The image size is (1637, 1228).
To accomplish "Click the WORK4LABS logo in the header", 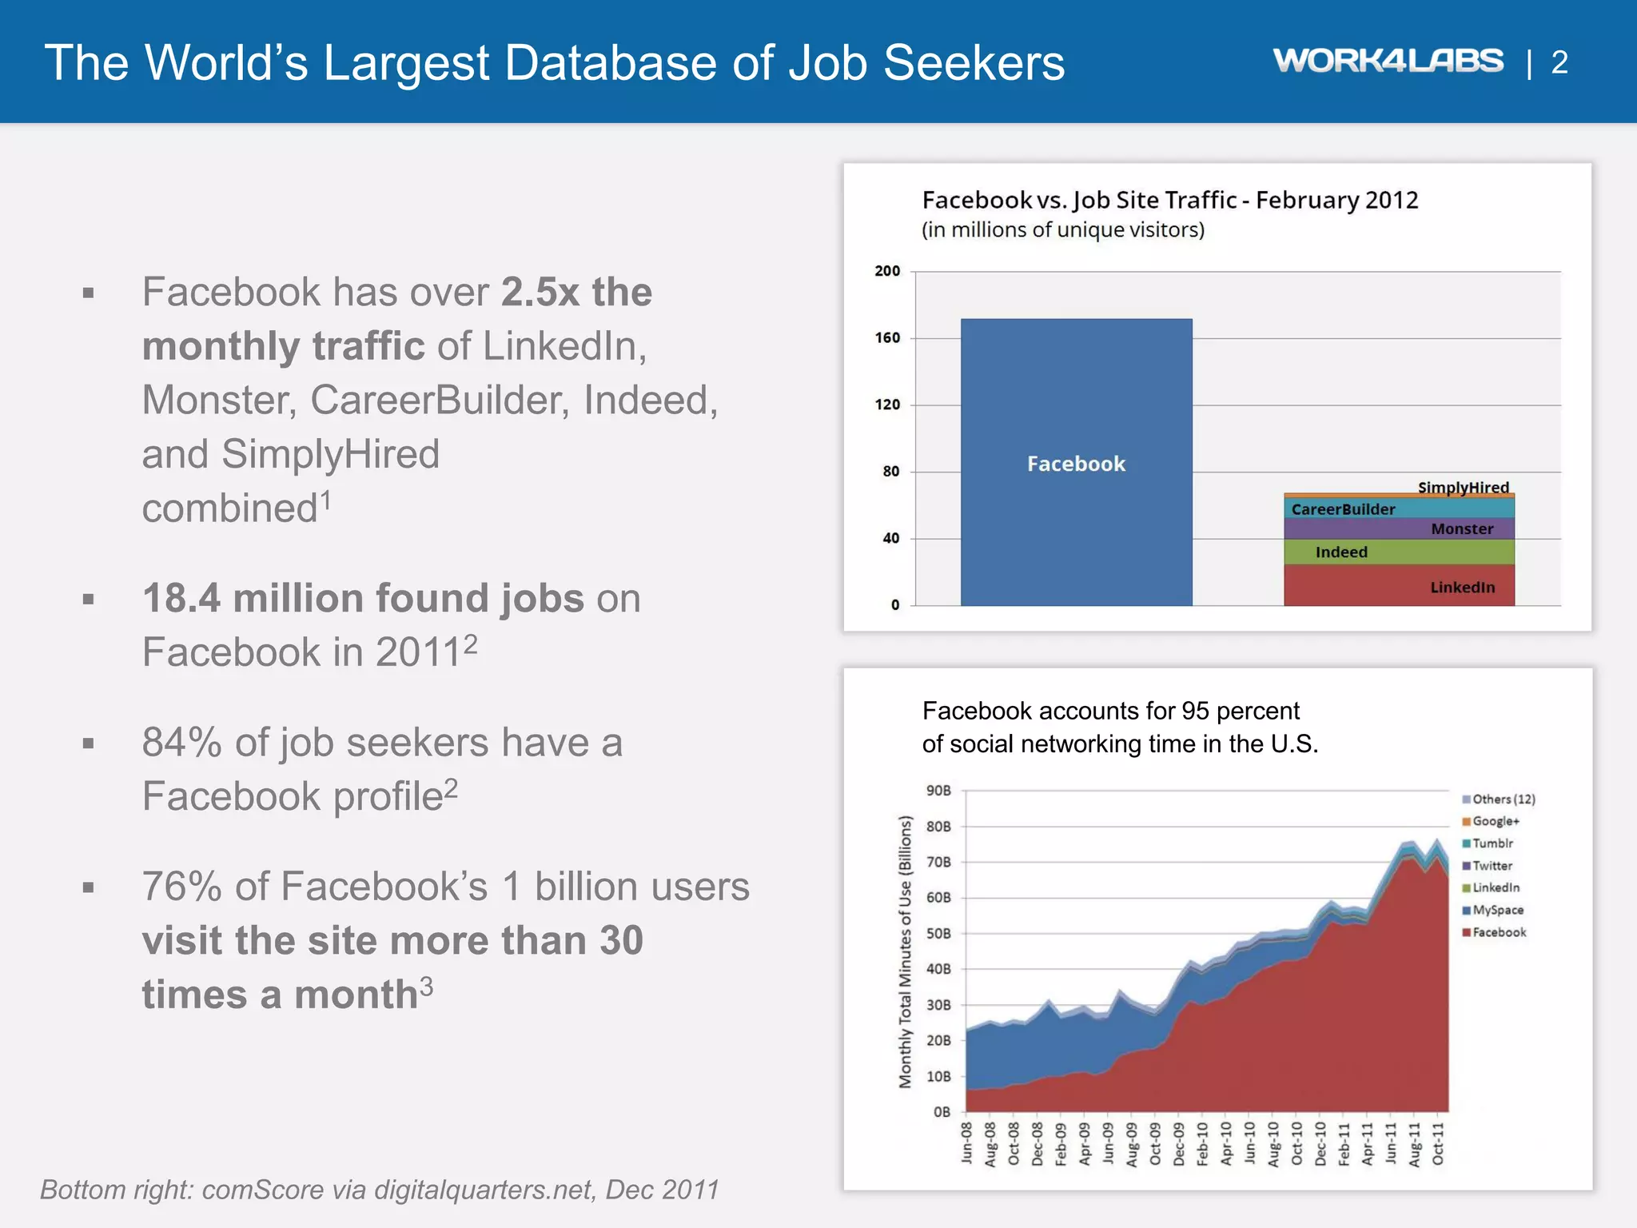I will (x=1388, y=61).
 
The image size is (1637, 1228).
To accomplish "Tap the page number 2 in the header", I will (x=1559, y=62).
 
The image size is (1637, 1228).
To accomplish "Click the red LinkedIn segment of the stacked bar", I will (x=1399, y=586).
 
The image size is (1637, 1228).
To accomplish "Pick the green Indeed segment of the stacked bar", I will (x=1399, y=552).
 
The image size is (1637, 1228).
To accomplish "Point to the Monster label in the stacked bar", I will (x=1461, y=529).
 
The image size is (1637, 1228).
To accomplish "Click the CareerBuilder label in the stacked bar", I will (x=1343, y=509).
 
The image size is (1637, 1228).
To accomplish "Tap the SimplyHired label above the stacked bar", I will (x=1463, y=487).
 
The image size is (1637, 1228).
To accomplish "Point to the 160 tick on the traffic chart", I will (x=887, y=338).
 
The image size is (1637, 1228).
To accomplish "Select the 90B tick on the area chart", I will (x=938, y=791).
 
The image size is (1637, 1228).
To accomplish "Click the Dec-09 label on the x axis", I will (x=1179, y=1144).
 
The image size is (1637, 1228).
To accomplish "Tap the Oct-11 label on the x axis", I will (x=1438, y=1144).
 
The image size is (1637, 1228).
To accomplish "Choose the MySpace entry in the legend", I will (x=1497, y=910).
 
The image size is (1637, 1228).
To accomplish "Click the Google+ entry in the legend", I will (x=1495, y=821).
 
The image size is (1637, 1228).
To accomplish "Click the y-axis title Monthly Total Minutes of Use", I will (x=905, y=951).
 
